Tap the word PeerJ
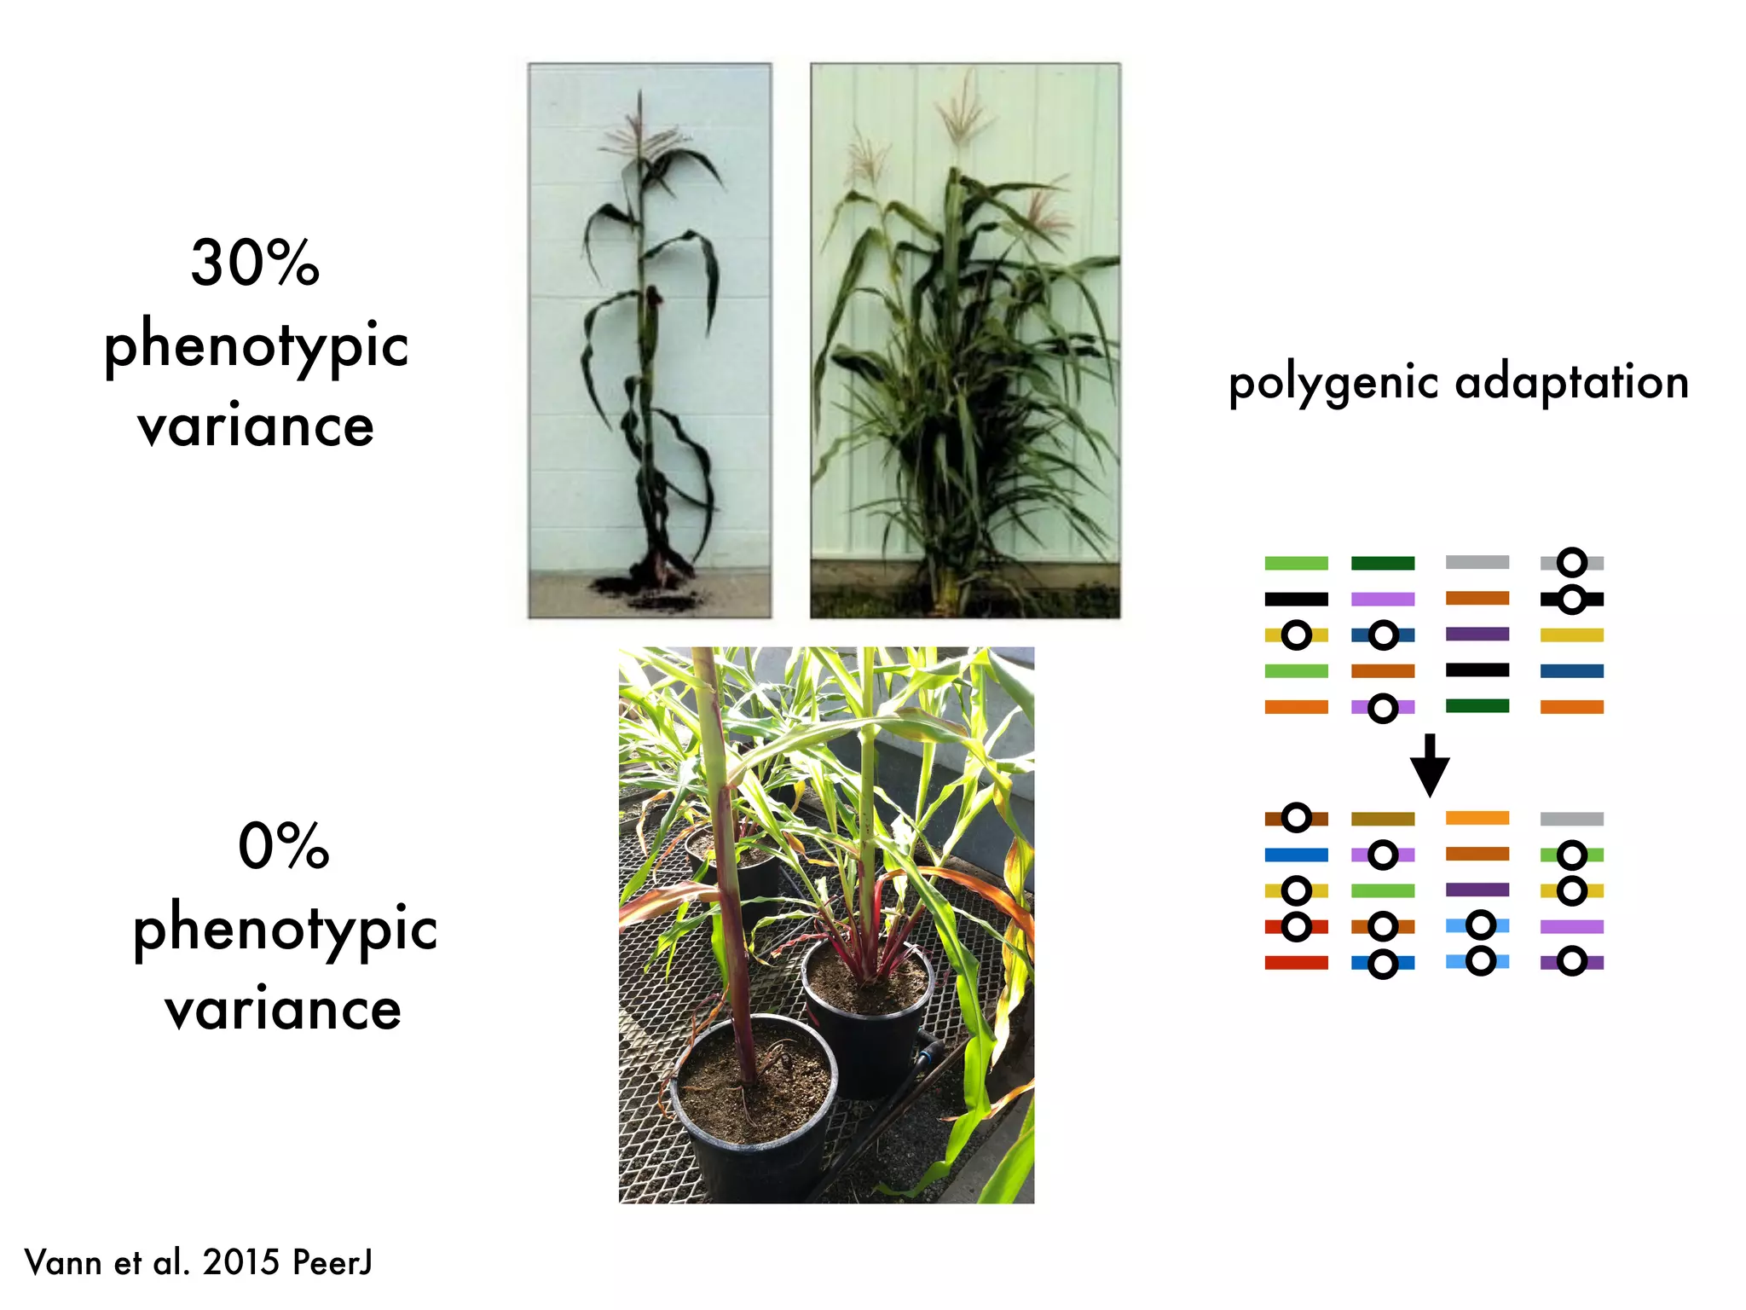(x=332, y=1262)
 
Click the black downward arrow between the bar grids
(x=1430, y=764)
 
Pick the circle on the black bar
(x=1571, y=600)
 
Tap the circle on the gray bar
(x=1571, y=563)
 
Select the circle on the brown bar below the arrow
(x=1297, y=818)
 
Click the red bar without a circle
(x=1296, y=963)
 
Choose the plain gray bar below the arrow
(x=1571, y=819)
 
